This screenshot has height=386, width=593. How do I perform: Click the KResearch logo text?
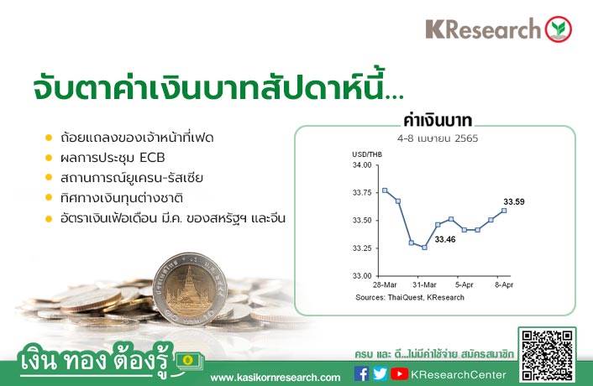click(x=483, y=29)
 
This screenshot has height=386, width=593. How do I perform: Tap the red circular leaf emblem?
click(x=559, y=29)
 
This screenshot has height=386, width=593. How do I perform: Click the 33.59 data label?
click(x=514, y=201)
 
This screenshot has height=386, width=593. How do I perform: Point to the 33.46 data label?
click(x=445, y=239)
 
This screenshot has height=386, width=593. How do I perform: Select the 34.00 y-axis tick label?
click(x=362, y=165)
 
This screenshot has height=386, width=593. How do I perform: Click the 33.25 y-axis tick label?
click(x=362, y=248)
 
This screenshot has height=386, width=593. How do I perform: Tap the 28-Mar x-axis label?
click(x=385, y=284)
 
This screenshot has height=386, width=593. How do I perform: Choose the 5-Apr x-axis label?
click(x=464, y=284)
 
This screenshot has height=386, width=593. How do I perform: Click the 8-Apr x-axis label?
click(x=504, y=284)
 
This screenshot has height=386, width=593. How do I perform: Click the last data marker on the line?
click(x=504, y=211)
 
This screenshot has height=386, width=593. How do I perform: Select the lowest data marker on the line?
click(x=424, y=248)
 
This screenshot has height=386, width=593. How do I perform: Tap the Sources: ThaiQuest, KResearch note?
click(x=410, y=297)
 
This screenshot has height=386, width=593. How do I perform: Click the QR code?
click(x=547, y=355)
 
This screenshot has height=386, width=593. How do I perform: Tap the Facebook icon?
click(x=361, y=374)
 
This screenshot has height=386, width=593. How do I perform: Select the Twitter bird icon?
click(x=380, y=374)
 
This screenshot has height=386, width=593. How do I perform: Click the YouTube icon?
click(x=399, y=374)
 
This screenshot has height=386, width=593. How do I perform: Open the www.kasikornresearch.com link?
click(x=276, y=378)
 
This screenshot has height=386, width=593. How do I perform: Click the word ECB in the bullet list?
click(x=152, y=158)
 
